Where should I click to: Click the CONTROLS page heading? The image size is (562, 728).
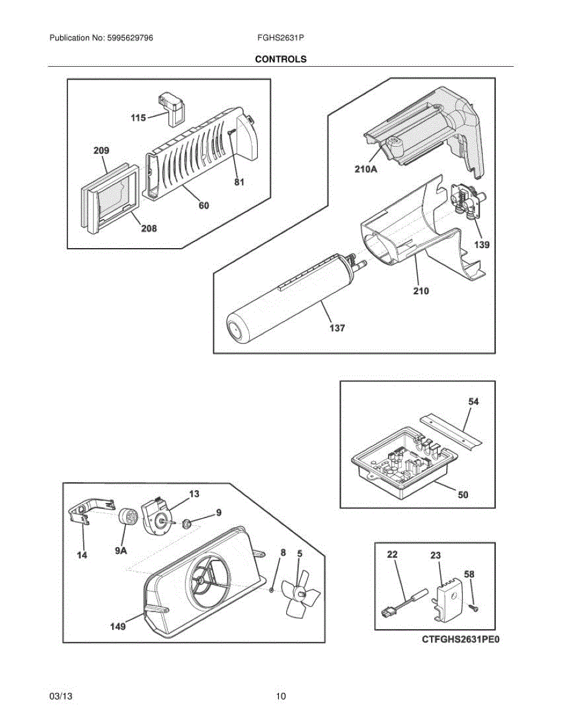click(281, 59)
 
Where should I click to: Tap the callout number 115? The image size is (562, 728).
click(138, 118)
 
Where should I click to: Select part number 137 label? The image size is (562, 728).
click(337, 328)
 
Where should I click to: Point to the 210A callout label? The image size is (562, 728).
click(366, 170)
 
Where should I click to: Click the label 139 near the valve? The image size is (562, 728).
click(482, 245)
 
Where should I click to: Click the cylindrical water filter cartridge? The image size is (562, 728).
click(285, 297)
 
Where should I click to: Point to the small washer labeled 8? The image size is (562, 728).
click(273, 590)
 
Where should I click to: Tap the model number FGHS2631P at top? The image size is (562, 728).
click(281, 38)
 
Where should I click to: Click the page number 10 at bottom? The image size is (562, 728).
click(281, 696)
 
